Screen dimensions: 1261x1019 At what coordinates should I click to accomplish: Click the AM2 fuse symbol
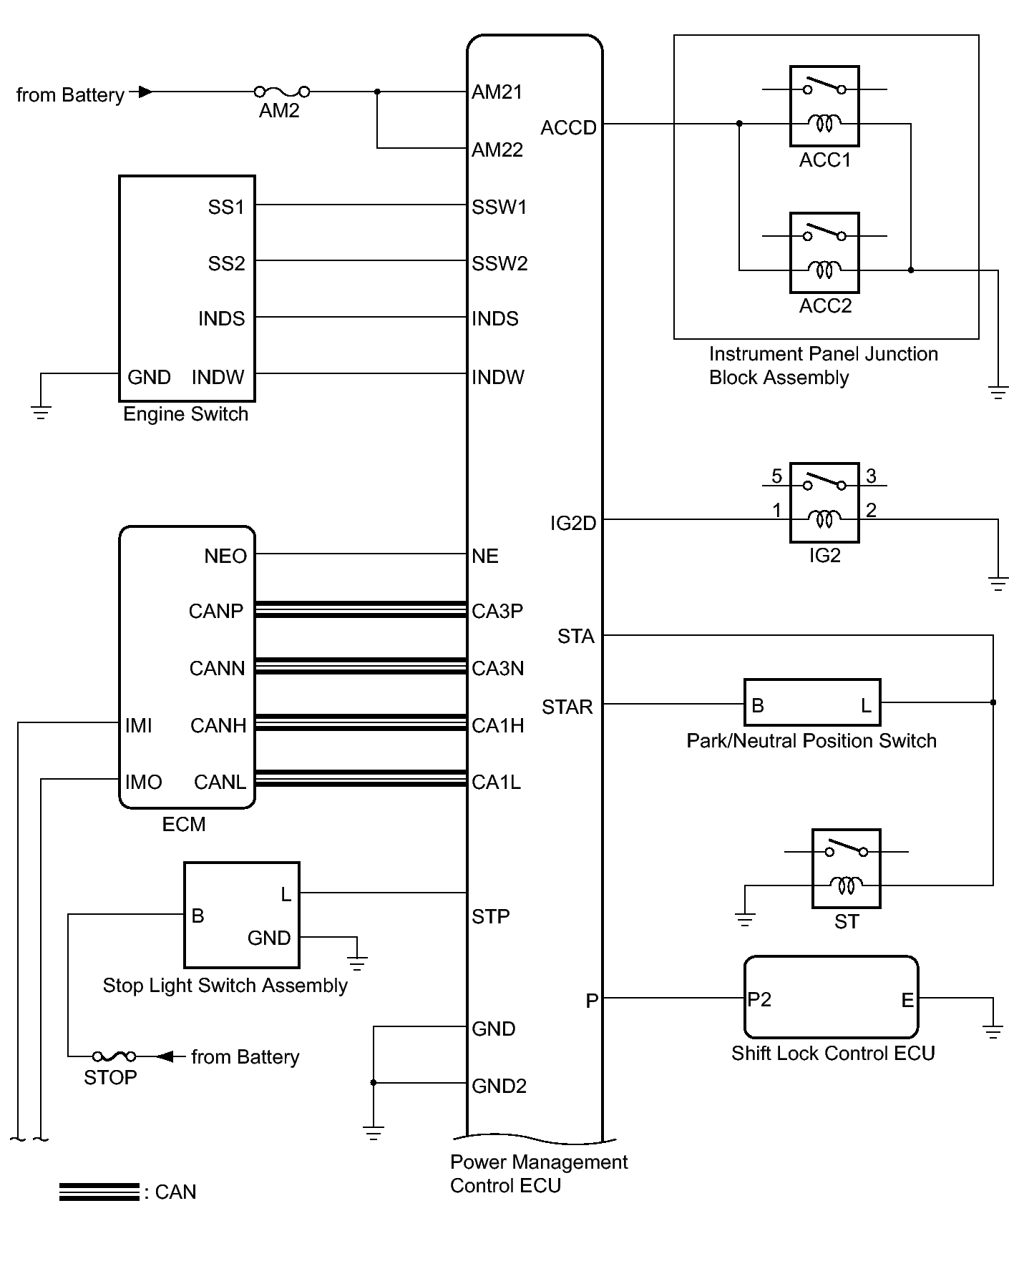(x=282, y=92)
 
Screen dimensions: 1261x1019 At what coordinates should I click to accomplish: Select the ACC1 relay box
(x=824, y=107)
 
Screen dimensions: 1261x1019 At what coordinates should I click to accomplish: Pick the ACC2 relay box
(x=824, y=252)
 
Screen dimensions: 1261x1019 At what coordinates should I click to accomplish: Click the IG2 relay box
(x=824, y=502)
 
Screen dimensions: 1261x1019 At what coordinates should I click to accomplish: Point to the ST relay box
(x=847, y=868)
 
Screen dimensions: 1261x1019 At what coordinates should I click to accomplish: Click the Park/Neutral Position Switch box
(x=812, y=703)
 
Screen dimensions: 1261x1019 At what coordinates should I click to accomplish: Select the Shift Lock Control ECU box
(x=831, y=997)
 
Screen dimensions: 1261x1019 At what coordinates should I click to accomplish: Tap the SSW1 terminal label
(x=499, y=207)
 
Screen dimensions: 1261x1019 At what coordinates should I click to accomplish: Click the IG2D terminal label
(x=573, y=524)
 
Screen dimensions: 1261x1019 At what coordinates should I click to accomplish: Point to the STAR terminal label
(x=567, y=707)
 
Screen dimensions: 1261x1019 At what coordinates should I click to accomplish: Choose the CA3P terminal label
(x=497, y=612)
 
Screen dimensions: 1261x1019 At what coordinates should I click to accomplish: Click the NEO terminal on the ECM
(x=225, y=556)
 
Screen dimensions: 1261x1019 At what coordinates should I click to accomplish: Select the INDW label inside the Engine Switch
(x=218, y=377)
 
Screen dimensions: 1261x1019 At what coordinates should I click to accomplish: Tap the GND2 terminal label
(x=499, y=1086)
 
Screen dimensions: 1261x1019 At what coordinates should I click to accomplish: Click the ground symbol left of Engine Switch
(x=41, y=412)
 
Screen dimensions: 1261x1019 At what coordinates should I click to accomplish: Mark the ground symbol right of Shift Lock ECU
(x=993, y=1031)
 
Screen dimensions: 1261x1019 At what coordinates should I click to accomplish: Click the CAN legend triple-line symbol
(x=99, y=1192)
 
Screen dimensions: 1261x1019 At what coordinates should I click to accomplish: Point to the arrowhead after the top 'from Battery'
(x=145, y=92)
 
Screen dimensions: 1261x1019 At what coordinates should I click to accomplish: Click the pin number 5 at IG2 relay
(x=776, y=476)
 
